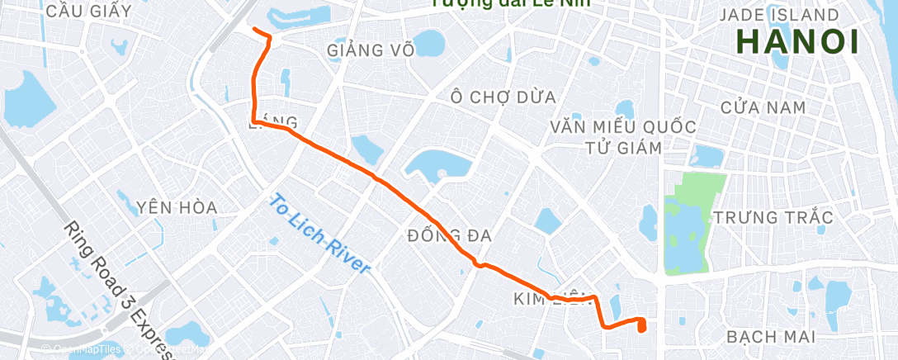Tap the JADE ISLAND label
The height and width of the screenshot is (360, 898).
(x=779, y=15)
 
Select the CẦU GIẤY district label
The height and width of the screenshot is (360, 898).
(x=89, y=11)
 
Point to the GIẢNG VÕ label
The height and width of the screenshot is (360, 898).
(x=370, y=50)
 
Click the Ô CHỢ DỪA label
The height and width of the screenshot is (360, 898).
(x=503, y=97)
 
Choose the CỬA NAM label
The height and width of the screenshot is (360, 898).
(x=763, y=107)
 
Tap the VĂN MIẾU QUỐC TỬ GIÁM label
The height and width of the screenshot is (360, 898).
(x=623, y=137)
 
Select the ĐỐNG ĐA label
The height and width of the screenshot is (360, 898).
(x=449, y=236)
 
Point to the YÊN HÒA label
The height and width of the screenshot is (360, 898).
(x=177, y=207)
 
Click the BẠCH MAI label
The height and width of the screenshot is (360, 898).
(x=771, y=337)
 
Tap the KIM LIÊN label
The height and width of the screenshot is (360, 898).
(x=550, y=297)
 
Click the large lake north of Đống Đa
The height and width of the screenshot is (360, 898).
(x=437, y=164)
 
